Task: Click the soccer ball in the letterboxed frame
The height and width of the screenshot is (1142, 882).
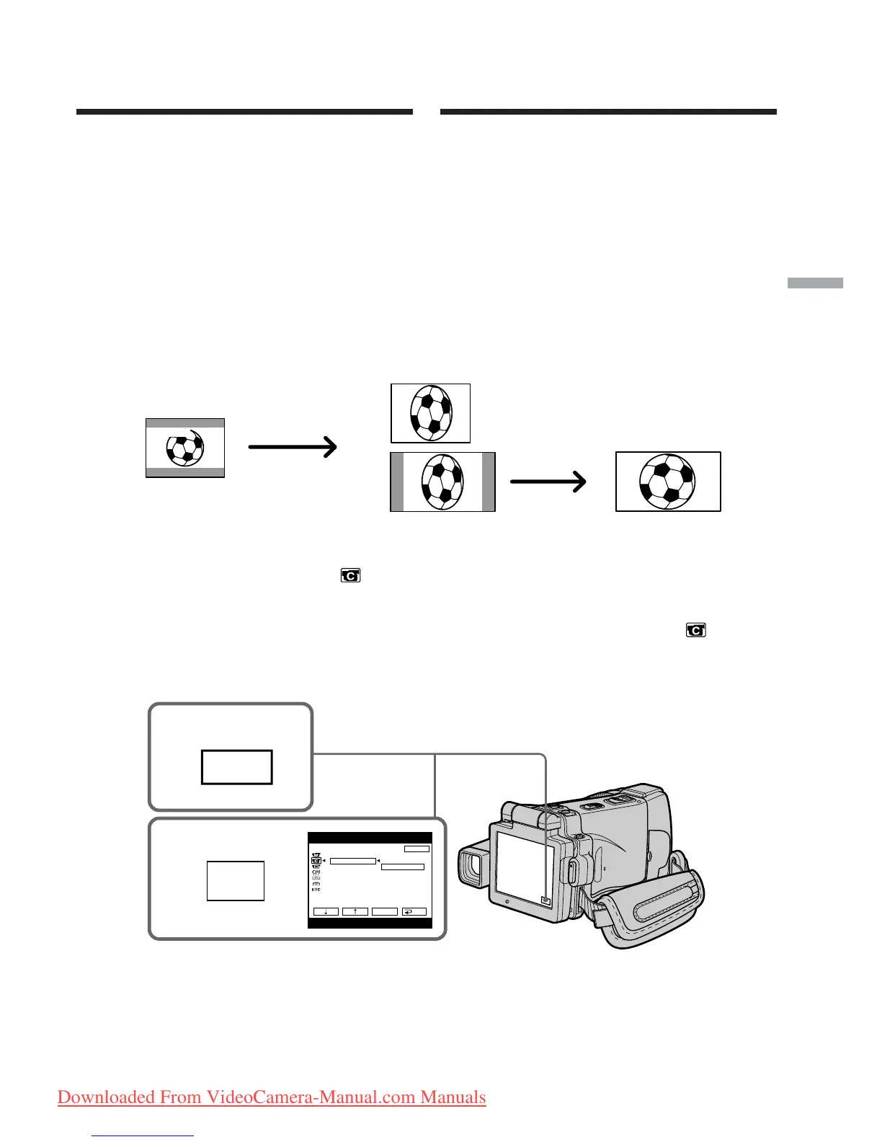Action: click(x=185, y=448)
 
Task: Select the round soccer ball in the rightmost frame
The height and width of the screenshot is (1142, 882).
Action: click(x=667, y=481)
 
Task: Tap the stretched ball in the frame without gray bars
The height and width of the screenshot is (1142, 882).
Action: click(x=430, y=412)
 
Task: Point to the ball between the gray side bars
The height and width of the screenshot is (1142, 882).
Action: click(x=442, y=482)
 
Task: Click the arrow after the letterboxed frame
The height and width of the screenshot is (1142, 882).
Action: click(x=293, y=447)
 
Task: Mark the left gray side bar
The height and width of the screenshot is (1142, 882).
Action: click(x=396, y=482)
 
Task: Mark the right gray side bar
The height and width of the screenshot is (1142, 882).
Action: click(x=488, y=482)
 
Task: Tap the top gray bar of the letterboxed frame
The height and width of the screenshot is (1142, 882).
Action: click(x=185, y=423)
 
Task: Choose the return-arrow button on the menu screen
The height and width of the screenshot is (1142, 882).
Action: click(x=414, y=911)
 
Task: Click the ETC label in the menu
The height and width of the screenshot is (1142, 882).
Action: click(x=316, y=890)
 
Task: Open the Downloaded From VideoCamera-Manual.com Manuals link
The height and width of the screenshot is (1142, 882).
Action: click(x=272, y=1097)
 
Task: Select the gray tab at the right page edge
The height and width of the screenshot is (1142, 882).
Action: click(x=815, y=283)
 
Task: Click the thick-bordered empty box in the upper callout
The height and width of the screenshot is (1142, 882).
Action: click(x=236, y=767)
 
